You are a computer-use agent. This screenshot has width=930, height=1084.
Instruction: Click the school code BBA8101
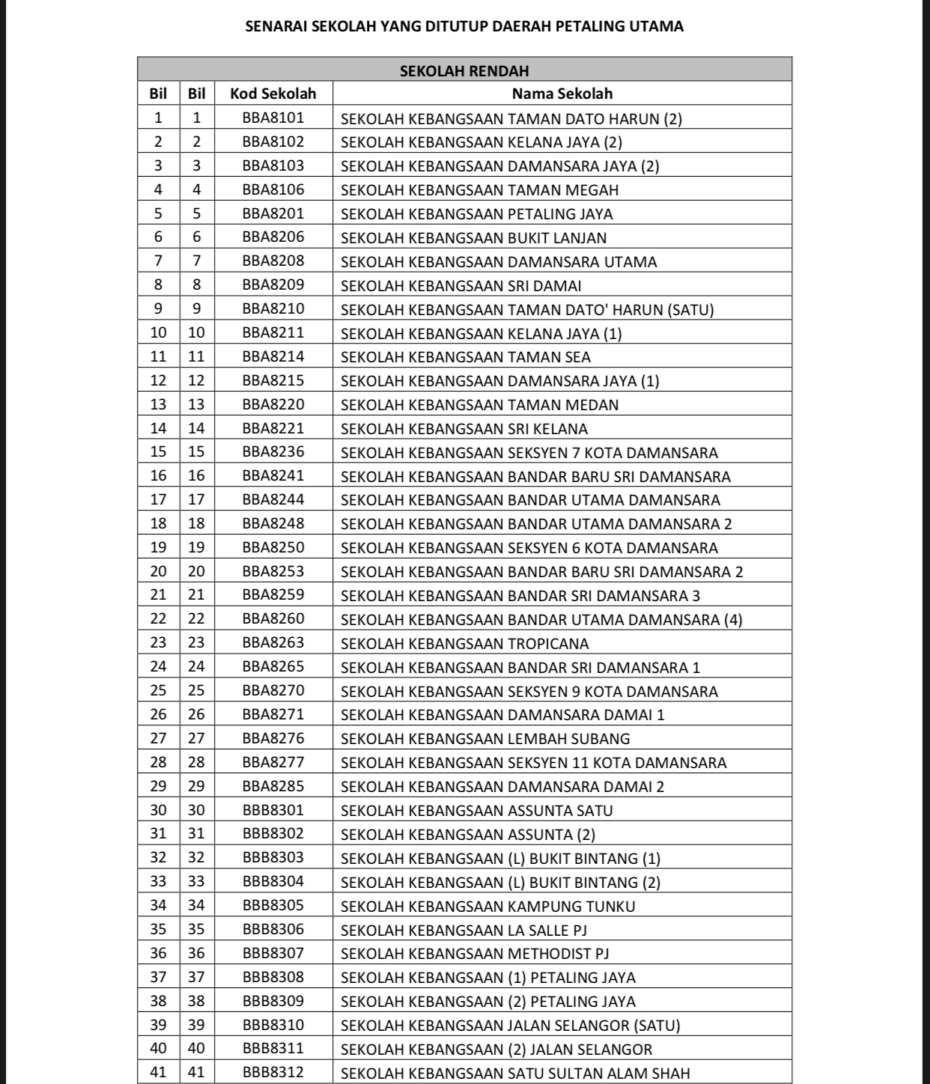(273, 118)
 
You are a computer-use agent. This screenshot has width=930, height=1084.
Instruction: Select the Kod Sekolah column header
(273, 94)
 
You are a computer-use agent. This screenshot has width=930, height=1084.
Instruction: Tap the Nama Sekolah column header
(562, 94)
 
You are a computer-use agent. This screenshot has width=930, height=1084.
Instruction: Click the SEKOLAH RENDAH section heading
(464, 70)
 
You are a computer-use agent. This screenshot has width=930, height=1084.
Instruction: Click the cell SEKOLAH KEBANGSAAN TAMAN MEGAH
(480, 190)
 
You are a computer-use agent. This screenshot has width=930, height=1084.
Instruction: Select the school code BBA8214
(273, 356)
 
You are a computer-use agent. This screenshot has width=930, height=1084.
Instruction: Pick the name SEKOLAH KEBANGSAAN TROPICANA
(465, 644)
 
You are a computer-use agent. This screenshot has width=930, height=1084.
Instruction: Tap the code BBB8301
(273, 810)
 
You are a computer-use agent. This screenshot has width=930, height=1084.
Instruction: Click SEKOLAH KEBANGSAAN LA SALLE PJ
(464, 930)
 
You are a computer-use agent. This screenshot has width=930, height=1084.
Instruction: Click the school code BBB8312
(273, 1072)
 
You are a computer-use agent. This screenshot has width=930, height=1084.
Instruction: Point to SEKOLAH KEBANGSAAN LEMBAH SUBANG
(485, 739)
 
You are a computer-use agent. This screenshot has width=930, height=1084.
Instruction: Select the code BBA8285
(273, 786)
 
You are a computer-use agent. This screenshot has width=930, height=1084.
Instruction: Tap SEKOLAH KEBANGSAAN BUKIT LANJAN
(474, 238)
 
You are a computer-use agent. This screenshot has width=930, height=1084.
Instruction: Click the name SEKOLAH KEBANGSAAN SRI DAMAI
(461, 286)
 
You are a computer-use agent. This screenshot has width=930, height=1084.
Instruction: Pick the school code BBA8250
(273, 547)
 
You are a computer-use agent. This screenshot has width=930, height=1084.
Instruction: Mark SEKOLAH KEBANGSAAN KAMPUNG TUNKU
(488, 907)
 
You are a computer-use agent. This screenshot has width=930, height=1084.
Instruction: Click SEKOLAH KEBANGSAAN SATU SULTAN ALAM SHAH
(515, 1074)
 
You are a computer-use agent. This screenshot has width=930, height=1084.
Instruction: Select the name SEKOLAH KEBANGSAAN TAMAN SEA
(466, 357)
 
